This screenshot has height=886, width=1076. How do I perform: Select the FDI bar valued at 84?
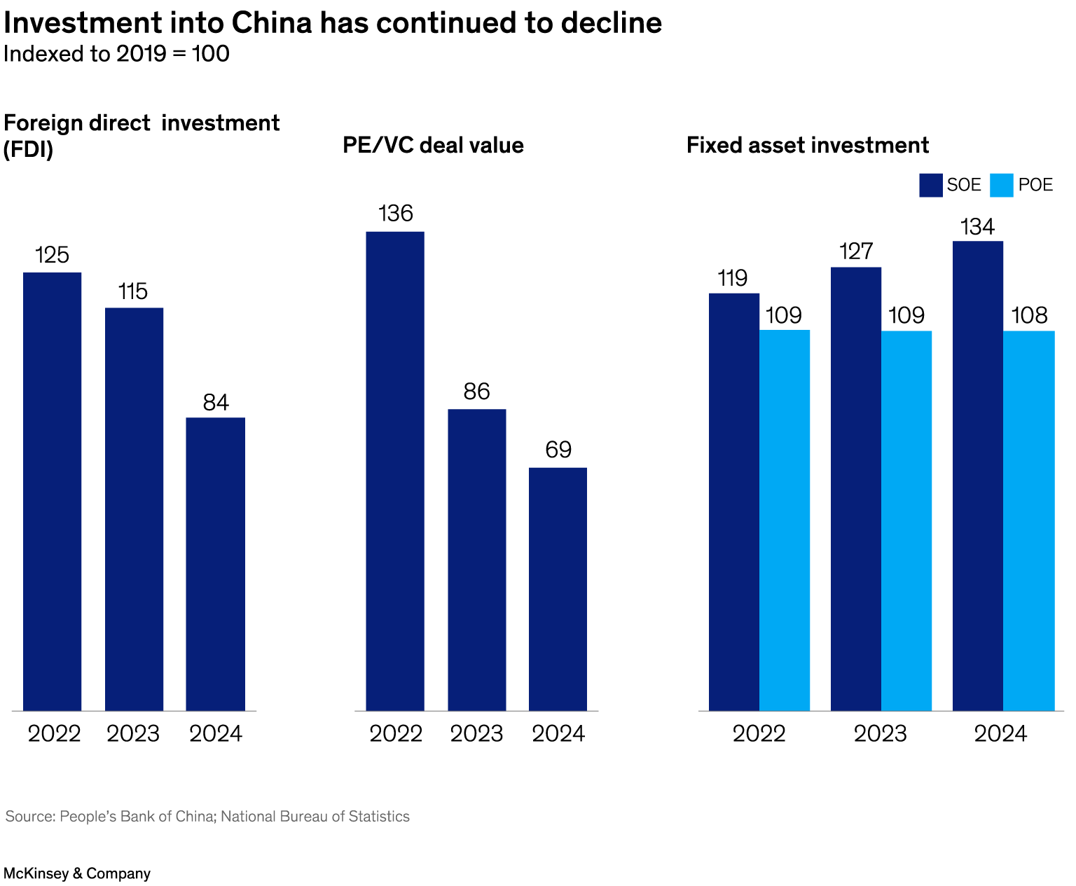point(216,564)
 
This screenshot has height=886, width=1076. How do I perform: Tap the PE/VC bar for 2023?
point(477,560)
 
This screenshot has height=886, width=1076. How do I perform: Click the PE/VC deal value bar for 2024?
point(558,589)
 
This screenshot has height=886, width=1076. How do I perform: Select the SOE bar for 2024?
point(978,476)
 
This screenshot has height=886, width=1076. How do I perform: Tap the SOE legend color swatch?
point(931,186)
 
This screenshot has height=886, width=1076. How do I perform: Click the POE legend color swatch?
point(1002,186)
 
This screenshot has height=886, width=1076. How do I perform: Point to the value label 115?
point(133,291)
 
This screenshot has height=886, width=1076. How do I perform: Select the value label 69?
point(558,450)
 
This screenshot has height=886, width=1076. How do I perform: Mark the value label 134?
point(977,227)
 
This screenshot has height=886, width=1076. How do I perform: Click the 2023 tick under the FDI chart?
point(133,733)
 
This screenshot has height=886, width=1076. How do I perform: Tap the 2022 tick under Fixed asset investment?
point(759,733)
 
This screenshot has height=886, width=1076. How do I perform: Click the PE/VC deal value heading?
point(433,145)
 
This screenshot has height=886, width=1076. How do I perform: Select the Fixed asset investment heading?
point(808,145)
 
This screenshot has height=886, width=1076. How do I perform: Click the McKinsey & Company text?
point(77,873)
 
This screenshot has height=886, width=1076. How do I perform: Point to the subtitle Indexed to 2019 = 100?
point(116,54)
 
